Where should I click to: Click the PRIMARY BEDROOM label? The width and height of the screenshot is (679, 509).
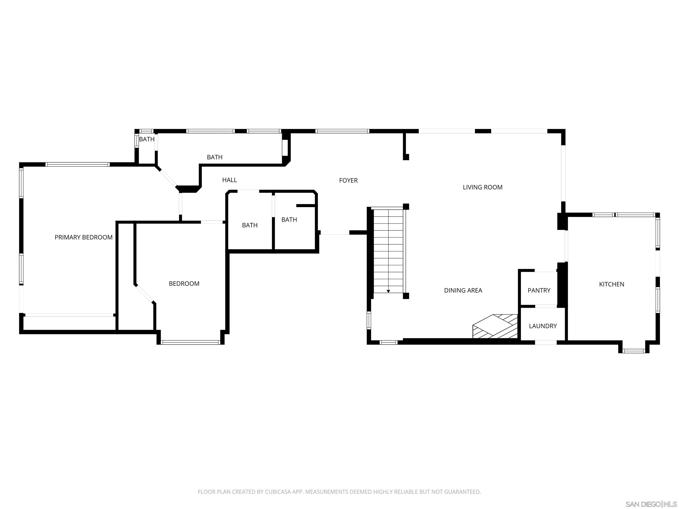pos(84,237)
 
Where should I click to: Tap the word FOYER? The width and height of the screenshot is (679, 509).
pos(348,180)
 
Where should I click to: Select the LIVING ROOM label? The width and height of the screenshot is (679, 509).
pos(482,187)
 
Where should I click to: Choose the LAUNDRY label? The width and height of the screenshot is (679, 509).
pos(542,326)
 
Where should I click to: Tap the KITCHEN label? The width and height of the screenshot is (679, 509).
pos(611,284)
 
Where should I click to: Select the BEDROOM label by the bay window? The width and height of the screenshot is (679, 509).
pos(184,283)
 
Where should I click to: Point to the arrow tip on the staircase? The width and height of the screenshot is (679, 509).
pos(388,291)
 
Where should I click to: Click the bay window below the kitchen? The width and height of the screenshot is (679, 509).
pos(633,351)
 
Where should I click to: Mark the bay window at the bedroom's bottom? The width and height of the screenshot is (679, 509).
pos(190,342)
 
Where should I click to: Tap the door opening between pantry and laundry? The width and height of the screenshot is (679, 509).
pos(546,306)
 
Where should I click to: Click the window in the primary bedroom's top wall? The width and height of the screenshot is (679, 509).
pos(77,164)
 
